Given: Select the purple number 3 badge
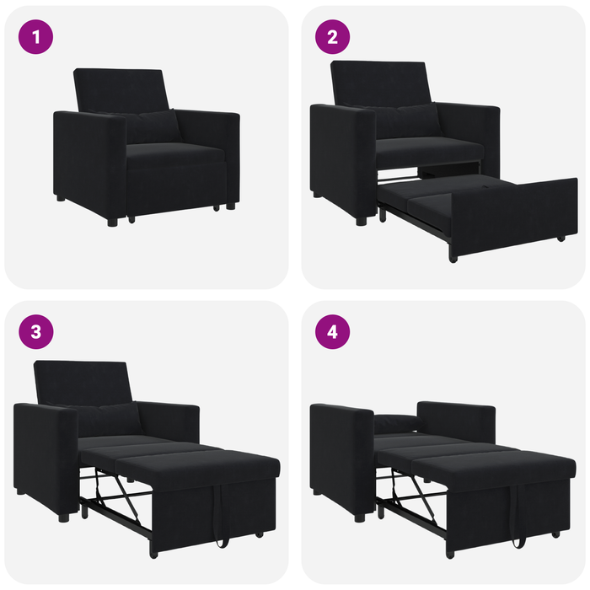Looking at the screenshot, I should pos(35,331).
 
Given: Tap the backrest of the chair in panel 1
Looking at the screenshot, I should pos(121,88).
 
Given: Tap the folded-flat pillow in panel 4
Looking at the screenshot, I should pos(397,424).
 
